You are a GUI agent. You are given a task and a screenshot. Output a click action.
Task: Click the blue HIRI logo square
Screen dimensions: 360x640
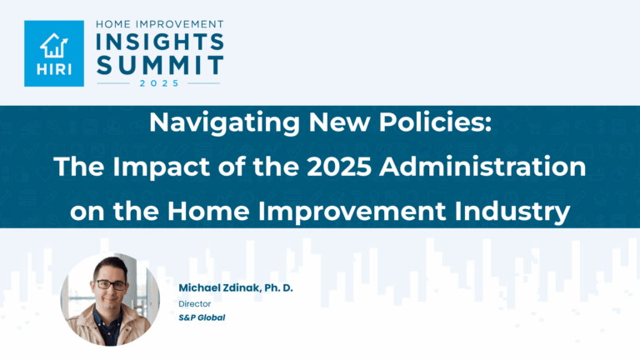click(54, 54)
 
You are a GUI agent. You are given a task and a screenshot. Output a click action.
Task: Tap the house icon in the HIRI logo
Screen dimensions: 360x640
click(54, 43)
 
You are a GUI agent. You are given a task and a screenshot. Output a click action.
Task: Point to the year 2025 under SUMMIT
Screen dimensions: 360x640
click(159, 83)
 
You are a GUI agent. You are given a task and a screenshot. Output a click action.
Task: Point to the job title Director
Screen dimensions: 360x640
click(192, 303)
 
